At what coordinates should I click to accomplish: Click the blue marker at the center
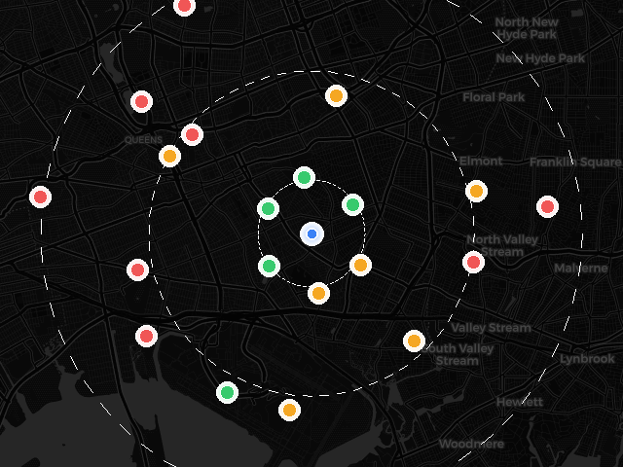click(311, 233)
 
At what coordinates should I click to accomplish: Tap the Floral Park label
click(494, 97)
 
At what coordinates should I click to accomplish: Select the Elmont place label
click(481, 161)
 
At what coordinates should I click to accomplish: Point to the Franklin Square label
click(574, 162)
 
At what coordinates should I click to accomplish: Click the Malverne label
click(580, 268)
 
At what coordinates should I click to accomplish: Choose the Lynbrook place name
click(587, 359)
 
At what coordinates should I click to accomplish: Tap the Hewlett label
click(519, 401)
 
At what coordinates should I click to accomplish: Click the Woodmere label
click(471, 444)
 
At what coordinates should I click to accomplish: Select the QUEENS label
click(143, 140)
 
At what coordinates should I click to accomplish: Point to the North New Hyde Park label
click(527, 28)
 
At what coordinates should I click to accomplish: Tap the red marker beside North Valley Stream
click(474, 262)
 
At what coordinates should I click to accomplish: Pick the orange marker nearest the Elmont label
click(476, 191)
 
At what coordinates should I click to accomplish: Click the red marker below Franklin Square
click(547, 206)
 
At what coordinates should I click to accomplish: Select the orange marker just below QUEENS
click(169, 156)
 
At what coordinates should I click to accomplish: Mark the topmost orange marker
click(336, 95)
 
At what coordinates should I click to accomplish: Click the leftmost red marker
click(40, 197)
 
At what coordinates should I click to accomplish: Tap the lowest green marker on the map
click(227, 392)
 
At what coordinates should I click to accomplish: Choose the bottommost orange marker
click(289, 410)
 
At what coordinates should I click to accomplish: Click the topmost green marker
click(304, 177)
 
